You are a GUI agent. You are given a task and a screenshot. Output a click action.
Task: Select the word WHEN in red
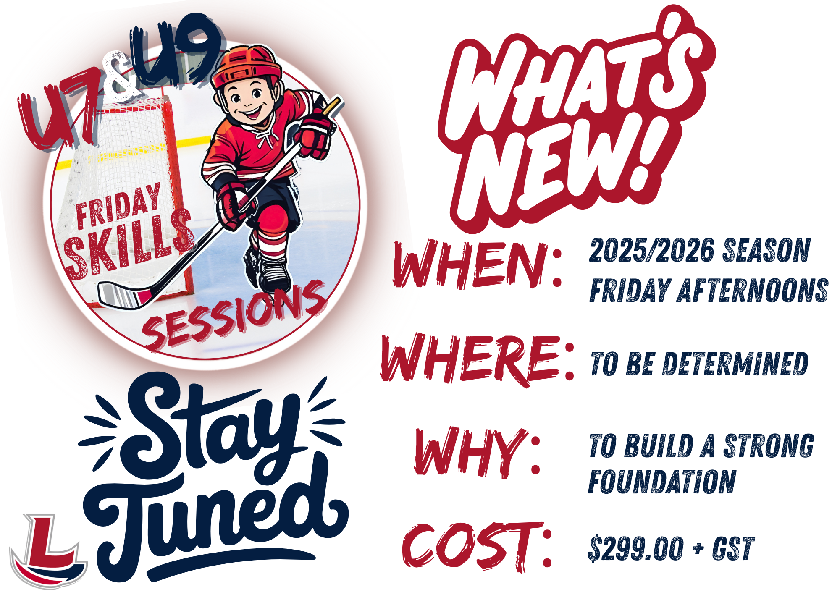coord(470,265)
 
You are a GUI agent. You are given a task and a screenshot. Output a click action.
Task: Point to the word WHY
coord(470,452)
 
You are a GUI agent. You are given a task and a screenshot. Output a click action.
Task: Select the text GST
coord(733,548)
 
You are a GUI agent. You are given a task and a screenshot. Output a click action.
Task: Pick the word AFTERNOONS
coord(752,290)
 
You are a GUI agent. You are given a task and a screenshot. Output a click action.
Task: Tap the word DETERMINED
coord(735,364)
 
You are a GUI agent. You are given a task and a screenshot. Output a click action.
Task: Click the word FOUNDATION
coord(662,482)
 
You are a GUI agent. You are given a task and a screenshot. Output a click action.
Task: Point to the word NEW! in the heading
coord(563,166)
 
